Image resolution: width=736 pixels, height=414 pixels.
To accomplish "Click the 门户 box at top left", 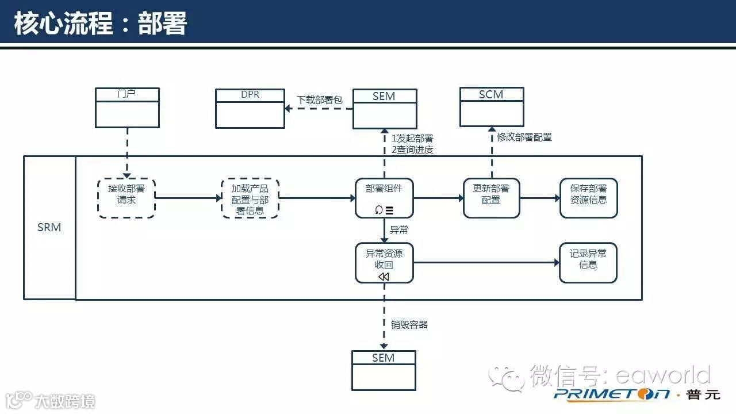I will (127, 108).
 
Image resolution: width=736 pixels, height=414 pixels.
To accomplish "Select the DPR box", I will (250, 108).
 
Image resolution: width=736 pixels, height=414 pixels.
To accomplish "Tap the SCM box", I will (492, 107).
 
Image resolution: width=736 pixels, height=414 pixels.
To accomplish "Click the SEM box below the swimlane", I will (384, 371).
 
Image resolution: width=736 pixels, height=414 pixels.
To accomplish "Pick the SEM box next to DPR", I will (384, 109).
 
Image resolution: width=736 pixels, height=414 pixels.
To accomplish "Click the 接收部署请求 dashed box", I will (126, 198).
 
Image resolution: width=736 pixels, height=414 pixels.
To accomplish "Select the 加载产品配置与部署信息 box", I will (250, 198).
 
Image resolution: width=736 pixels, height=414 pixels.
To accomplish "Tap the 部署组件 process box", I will (384, 198).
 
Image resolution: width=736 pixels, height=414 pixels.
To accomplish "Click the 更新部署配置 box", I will (492, 198).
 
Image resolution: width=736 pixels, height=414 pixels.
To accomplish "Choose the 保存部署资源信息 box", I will (588, 198).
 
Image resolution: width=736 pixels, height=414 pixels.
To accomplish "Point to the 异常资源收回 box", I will (384, 263).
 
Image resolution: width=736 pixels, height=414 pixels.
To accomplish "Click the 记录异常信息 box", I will (588, 263).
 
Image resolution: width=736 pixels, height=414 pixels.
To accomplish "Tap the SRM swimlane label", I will (49, 227).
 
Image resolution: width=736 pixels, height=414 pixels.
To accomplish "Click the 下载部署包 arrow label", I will (319, 99).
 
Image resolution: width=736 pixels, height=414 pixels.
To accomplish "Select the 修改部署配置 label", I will (524, 137).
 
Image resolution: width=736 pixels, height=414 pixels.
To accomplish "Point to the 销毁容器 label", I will (409, 324).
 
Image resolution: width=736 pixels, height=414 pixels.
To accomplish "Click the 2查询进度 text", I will (412, 150).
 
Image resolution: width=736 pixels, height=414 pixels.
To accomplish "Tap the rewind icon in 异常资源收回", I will (384, 277).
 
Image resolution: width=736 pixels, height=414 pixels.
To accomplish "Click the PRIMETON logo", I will (612, 394).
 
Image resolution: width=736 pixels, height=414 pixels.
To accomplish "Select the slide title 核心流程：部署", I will (101, 24).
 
